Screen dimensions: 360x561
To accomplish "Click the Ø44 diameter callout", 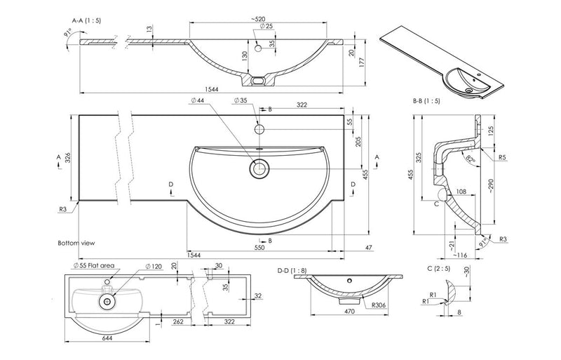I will (x=197, y=101).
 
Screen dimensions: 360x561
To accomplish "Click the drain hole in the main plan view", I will (x=259, y=168).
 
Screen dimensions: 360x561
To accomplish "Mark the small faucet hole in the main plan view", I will (x=259, y=130).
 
